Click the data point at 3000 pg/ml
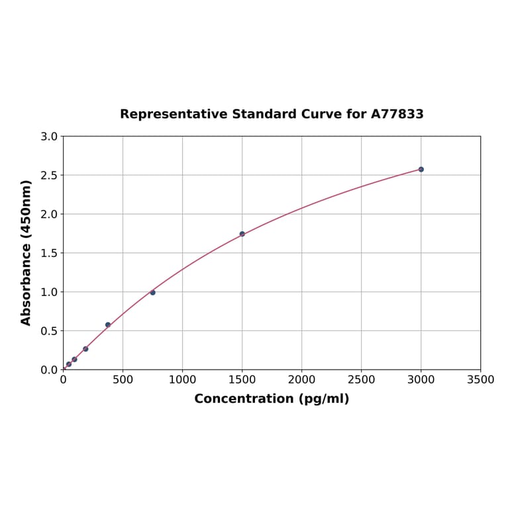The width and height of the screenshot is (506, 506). coord(421,170)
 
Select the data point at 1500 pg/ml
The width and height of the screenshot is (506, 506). coord(242,234)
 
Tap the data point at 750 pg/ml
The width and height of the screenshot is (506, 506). coord(152,292)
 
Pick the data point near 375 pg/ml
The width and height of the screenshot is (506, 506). coord(108,325)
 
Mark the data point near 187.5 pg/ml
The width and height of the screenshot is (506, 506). coord(85,349)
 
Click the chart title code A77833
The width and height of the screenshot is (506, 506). coord(397,115)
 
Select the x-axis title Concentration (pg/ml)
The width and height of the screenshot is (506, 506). coord(272,399)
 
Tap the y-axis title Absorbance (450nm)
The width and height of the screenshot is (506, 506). coord(26,252)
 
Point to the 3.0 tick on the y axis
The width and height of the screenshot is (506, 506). coord(49,136)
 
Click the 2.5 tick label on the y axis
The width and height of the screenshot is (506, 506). coord(49,176)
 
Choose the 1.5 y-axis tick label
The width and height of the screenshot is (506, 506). coord(49,253)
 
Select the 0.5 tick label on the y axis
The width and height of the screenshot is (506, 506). coord(49,331)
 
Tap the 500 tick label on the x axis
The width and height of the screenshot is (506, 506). coord(123,380)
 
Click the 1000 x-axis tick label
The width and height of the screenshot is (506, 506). coord(182,380)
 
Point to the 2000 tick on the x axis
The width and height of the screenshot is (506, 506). coord(301,380)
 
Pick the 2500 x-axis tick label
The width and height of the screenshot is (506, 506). coord(361,380)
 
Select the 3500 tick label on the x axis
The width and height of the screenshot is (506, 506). coord(480,380)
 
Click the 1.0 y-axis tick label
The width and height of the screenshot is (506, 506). coord(49,292)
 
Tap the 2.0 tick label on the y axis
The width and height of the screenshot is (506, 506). coord(49,214)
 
